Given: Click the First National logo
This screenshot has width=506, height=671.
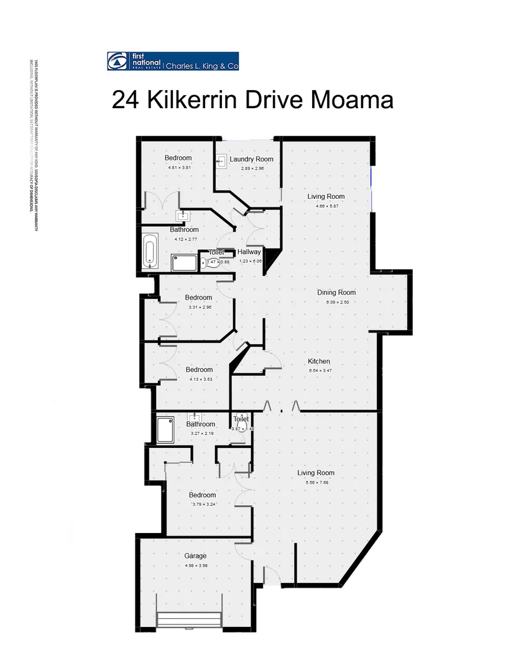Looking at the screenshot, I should (134, 61).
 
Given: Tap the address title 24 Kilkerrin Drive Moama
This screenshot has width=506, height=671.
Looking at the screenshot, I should (252, 99).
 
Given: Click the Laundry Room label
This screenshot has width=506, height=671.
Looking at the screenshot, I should (251, 159).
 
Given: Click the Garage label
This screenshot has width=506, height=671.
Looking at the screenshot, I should (195, 556).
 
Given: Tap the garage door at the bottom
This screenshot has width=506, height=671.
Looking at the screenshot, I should (190, 620).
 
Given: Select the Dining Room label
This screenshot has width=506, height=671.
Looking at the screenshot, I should (336, 293).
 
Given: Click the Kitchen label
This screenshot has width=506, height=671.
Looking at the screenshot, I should (320, 362).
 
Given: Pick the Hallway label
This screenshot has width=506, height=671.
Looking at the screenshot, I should (249, 252).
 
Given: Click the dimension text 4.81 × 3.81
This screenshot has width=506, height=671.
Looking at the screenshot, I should (178, 168).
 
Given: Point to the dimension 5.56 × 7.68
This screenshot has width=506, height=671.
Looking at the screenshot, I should (320, 483).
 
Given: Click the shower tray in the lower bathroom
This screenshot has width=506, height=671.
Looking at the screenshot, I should (165, 429).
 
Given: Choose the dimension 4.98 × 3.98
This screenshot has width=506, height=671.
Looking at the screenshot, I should (195, 566).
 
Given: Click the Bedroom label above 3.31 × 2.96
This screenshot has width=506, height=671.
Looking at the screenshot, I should (198, 298).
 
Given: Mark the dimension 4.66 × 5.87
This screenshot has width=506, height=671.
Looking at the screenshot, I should (326, 206).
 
